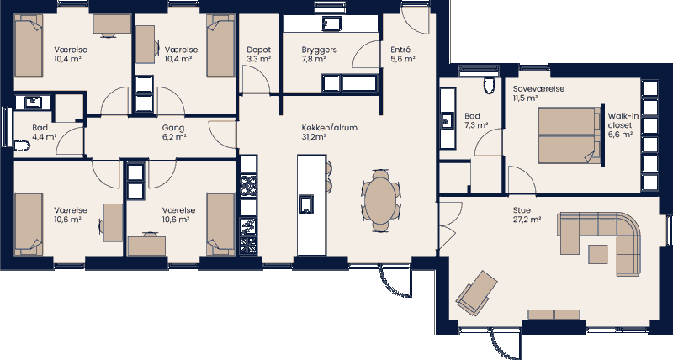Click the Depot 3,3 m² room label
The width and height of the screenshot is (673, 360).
tap(258, 55)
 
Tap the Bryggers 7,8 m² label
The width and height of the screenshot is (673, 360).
tap(319, 55)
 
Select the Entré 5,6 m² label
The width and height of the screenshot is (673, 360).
tap(401, 55)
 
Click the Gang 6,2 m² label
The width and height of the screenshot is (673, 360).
tap(173, 133)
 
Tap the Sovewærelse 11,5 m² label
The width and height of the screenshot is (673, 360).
tap(538, 93)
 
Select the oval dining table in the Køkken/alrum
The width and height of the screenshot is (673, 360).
tap(382, 200)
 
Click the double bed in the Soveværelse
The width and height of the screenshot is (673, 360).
tap(565, 135)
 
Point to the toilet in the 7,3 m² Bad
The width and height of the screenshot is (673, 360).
tap(489, 84)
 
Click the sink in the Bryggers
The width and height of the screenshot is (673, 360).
tap(331, 22)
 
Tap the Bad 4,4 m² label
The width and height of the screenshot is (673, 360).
tap(40, 133)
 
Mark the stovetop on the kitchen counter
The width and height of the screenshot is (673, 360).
tap(247, 183)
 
